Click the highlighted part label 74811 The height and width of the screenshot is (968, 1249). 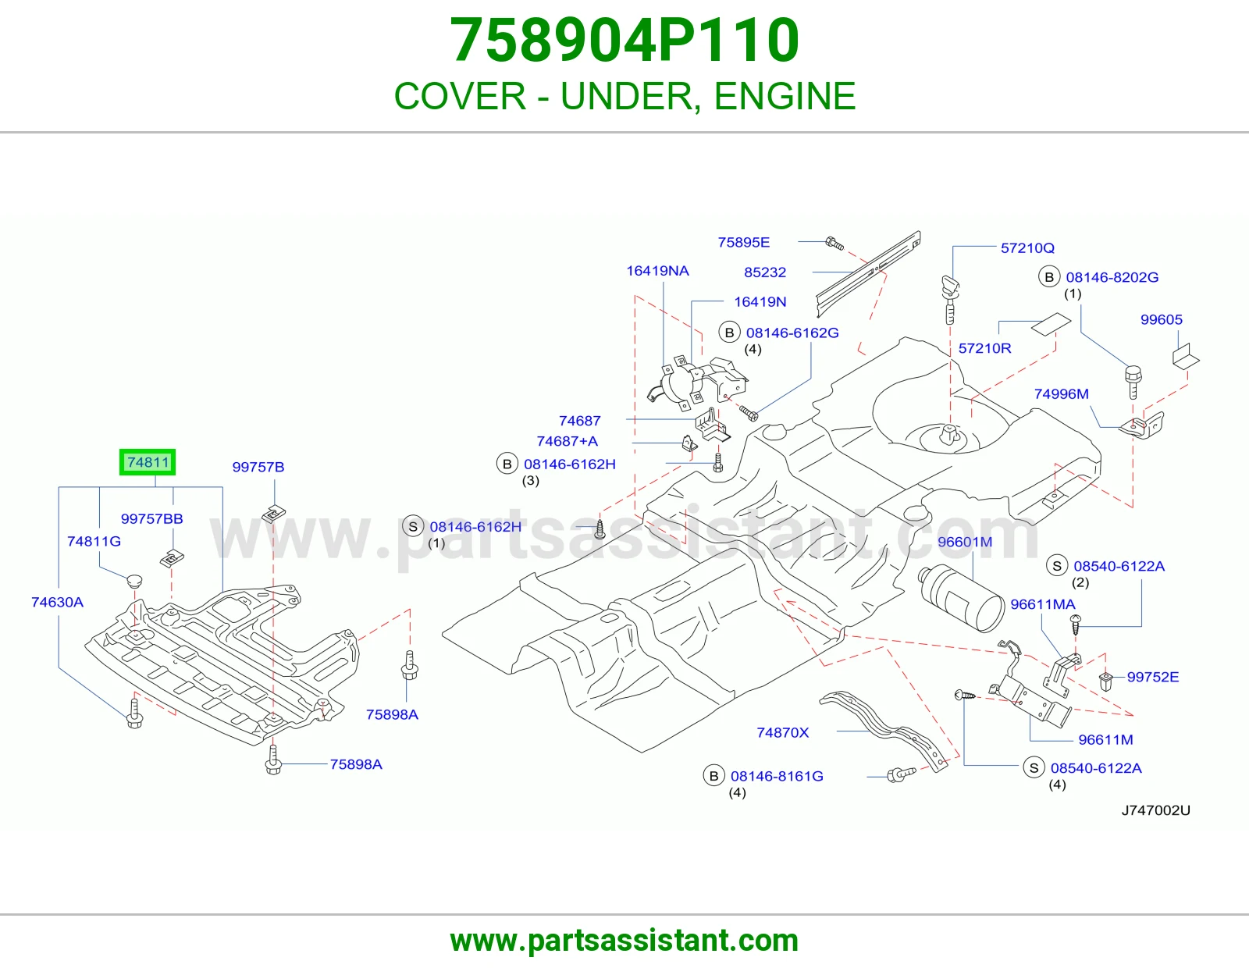[x=148, y=462]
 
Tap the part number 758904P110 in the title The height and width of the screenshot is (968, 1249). [x=624, y=40]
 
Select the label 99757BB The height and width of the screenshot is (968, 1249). [x=151, y=518]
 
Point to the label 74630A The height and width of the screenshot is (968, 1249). [x=57, y=602]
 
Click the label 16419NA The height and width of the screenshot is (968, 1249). [x=657, y=271]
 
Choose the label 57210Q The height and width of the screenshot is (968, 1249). [x=1027, y=247]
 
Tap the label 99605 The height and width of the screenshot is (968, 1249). [x=1161, y=319]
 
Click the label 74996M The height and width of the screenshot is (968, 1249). [x=1061, y=393]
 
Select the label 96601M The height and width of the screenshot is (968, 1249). [x=965, y=542]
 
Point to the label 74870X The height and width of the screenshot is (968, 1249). [x=782, y=732]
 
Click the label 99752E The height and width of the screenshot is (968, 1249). [x=1152, y=677]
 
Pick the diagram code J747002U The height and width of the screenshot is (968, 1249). [x=1155, y=810]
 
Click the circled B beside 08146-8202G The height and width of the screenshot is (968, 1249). [x=1049, y=277]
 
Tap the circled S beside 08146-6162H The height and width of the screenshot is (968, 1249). [x=413, y=526]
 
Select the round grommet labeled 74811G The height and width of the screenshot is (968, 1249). [x=134, y=581]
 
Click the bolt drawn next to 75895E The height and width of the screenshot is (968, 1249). [x=834, y=243]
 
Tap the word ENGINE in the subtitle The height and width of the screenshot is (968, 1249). [x=785, y=96]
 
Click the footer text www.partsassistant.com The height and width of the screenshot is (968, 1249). [x=624, y=941]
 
